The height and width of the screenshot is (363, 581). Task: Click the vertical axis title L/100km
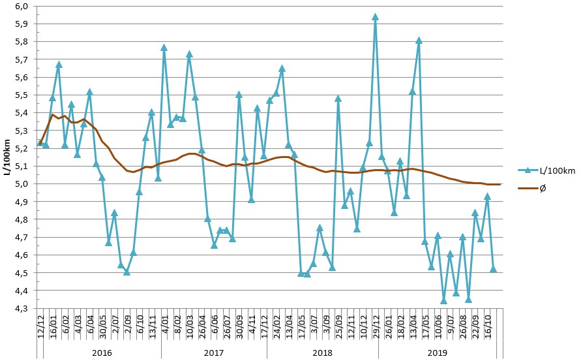point(7,157)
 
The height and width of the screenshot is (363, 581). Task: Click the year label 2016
point(102,351)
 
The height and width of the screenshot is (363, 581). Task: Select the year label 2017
point(214,351)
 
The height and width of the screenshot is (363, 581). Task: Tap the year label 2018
point(322,351)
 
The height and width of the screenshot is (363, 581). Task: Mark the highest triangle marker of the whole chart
point(375,17)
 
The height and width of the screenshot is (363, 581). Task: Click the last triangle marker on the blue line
point(494,269)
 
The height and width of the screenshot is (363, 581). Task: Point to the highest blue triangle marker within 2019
point(419,40)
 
